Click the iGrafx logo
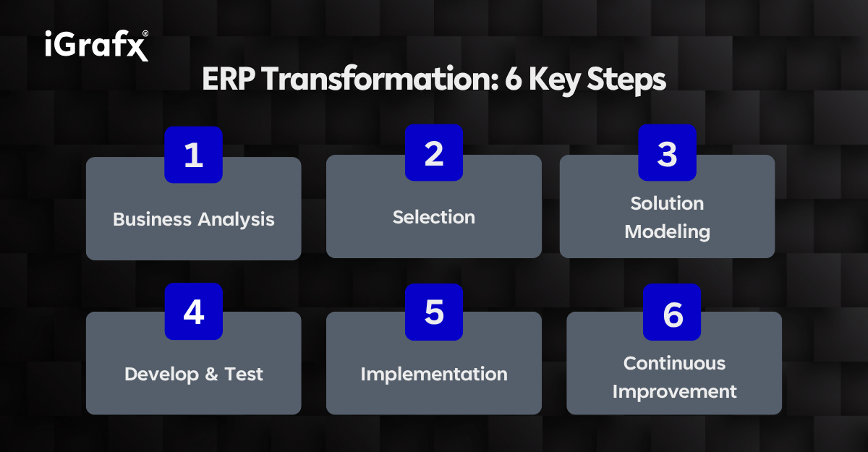tap(96, 46)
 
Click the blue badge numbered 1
tap(193, 155)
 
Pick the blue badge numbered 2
tap(433, 153)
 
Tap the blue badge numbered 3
tap(667, 153)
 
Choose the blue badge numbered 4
tap(193, 312)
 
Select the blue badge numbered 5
tap(433, 312)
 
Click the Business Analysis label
tap(194, 219)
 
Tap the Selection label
tap(434, 217)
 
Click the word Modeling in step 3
tap(667, 231)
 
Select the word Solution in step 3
tap(667, 203)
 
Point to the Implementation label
tap(434, 374)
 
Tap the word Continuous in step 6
tap(674, 363)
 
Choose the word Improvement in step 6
tap(674, 391)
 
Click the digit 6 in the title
tap(513, 80)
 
